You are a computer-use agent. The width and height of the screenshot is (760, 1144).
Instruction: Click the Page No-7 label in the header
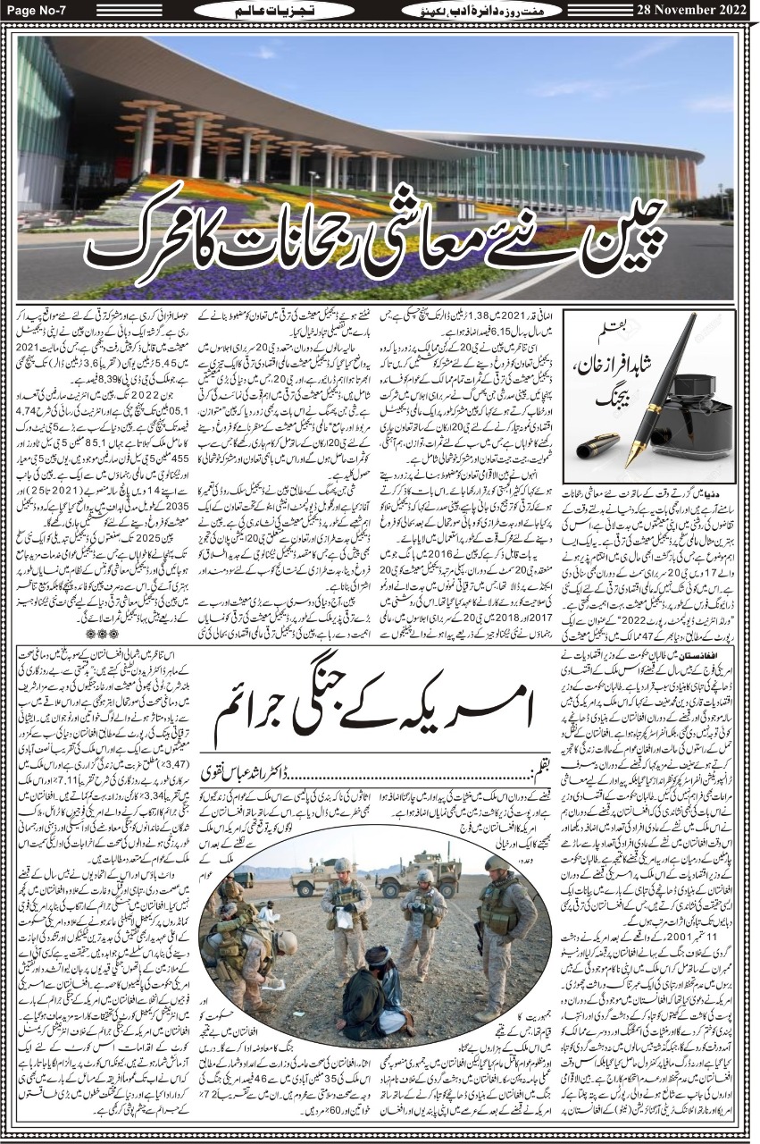click(x=38, y=9)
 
